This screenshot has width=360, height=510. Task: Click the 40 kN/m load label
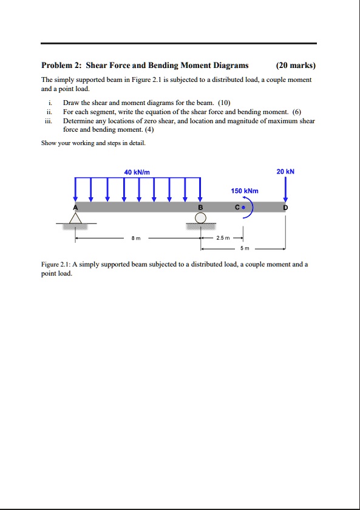click(137, 172)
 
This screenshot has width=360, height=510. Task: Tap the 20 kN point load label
click(285, 172)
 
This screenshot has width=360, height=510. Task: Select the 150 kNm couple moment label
click(245, 191)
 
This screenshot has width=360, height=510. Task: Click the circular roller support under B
click(201, 218)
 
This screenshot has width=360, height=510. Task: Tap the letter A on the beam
click(76, 206)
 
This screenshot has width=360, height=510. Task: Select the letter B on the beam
click(200, 207)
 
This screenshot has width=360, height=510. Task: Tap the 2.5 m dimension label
click(222, 239)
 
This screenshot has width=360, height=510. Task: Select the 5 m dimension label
click(243, 249)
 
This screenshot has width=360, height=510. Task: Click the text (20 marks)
click(296, 66)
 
